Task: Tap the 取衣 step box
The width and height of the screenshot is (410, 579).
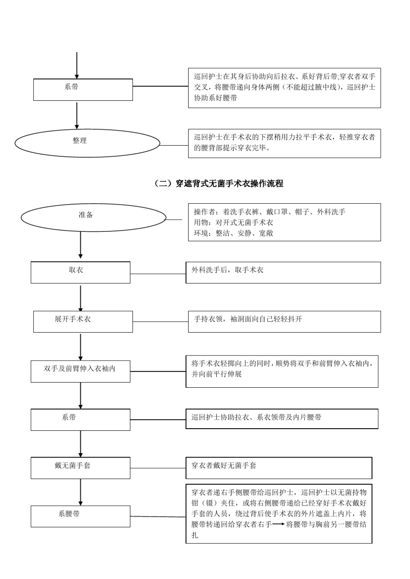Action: click(80, 272)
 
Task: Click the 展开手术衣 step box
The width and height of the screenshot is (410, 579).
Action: click(83, 321)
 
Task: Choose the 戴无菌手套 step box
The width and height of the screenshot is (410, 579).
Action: click(80, 468)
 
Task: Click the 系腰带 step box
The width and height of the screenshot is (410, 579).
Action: click(80, 516)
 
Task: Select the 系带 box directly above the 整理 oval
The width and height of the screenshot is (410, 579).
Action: click(83, 89)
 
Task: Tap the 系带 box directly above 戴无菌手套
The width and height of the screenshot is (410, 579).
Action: click(80, 420)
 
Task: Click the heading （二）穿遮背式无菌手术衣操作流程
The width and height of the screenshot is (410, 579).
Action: click(219, 184)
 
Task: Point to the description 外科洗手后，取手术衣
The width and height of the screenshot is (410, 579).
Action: click(227, 270)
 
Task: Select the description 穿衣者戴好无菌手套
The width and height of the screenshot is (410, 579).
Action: click(224, 466)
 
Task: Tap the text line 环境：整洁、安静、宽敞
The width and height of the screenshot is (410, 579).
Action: click(233, 233)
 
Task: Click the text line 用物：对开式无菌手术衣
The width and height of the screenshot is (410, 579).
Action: click(233, 223)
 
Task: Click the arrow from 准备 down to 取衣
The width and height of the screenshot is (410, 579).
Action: click(81, 245)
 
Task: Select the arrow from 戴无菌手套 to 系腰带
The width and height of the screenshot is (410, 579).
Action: click(81, 492)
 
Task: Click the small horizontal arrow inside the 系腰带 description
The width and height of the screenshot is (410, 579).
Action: click(278, 524)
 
